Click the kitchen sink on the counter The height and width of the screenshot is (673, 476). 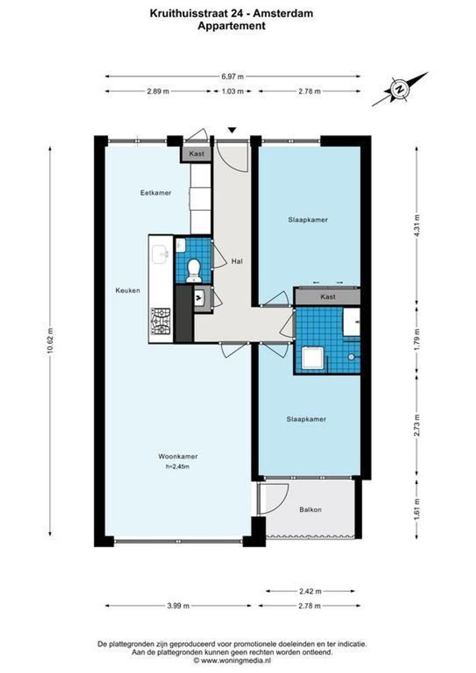coord(161,252)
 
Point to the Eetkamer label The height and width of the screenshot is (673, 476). coord(155,193)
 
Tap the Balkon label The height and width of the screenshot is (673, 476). coord(310,510)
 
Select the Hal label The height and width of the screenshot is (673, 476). coord(237,261)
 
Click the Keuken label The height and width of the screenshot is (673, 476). coord(128,290)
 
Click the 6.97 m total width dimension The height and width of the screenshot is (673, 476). coord(233,76)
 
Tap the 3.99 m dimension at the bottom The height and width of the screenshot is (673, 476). coord(179,606)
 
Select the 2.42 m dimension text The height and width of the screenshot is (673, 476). coord(310,590)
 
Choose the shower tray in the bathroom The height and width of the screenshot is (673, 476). coord(311,358)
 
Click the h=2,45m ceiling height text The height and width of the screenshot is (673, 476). coord(178,466)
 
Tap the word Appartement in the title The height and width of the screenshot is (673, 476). coord(232,26)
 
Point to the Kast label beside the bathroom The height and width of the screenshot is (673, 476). coord(328,297)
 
